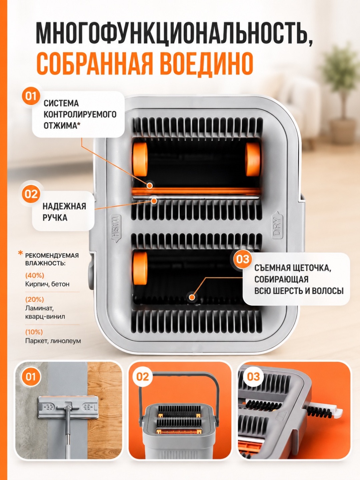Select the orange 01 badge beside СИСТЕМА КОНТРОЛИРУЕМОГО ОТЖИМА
pyautogui.click(x=31, y=96)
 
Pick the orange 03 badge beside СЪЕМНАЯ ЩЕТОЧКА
pyautogui.click(x=243, y=259)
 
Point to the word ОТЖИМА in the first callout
pyautogui.click(x=62, y=126)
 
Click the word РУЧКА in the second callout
pyautogui.click(x=55, y=218)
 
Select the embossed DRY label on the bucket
pyautogui.click(x=277, y=226)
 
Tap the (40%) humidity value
pyautogui.click(x=35, y=275)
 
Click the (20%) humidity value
pyautogui.click(x=35, y=299)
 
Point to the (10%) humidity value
pyautogui.click(x=34, y=332)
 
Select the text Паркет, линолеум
pyautogui.click(x=53, y=341)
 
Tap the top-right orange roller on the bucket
pyautogui.click(x=253, y=159)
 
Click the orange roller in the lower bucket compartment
pyautogui.click(x=140, y=268)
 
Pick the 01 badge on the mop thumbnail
pyautogui.click(x=31, y=377)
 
